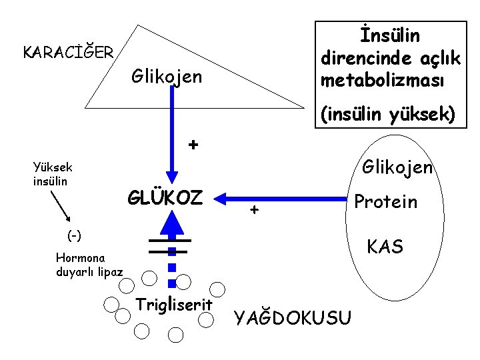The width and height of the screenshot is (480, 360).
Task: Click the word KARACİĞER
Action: pos(68,51)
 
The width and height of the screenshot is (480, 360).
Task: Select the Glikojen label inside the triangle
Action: pos(166,77)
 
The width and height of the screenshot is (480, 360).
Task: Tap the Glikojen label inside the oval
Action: pos(397,166)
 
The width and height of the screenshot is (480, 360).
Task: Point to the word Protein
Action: pos(385,201)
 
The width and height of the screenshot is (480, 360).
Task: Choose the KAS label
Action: pos(385,247)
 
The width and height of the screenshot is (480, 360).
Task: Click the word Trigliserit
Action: pos(174,305)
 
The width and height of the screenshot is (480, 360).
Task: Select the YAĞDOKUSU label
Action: pos(292,319)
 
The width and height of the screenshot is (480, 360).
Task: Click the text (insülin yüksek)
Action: pos(388,115)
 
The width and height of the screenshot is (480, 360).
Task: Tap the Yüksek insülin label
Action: pos(53,174)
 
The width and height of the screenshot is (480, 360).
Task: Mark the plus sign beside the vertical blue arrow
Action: pos(193,145)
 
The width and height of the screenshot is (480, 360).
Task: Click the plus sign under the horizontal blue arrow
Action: pos(253,211)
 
